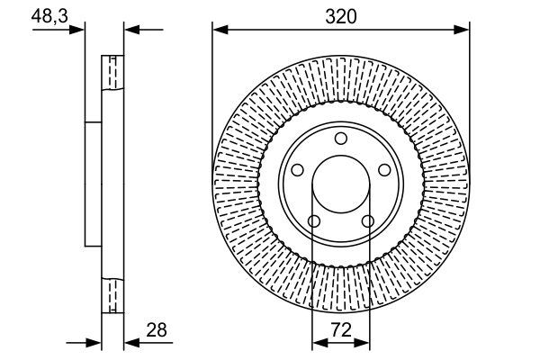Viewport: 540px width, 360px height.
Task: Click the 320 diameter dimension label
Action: pos(341,15)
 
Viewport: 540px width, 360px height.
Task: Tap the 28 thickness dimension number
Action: pos(157,331)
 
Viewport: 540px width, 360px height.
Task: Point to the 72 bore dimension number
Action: pos(341,331)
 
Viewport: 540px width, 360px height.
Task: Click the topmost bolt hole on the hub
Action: pos(341,139)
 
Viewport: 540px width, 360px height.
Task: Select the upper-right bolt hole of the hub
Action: pos(384,170)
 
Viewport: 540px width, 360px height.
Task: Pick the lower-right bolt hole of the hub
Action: pos(367,220)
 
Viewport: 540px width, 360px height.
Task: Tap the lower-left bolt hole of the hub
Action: pos(314,220)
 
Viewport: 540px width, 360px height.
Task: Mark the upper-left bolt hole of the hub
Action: pos(298,170)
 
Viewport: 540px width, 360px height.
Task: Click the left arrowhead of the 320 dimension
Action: pos(220,30)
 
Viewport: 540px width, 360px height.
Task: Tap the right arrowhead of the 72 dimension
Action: pos(364,343)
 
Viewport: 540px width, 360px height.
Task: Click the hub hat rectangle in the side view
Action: pos(93,184)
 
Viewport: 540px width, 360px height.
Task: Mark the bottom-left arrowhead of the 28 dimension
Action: pos(94,343)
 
